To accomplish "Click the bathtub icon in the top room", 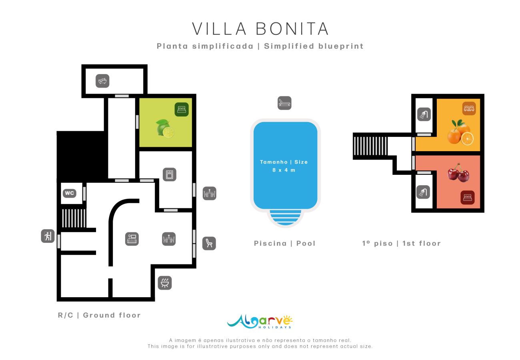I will click(x=102, y=81).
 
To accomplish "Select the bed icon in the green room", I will click(x=181, y=109).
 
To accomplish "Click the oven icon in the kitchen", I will click(x=170, y=174).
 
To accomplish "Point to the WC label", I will click(x=69, y=193).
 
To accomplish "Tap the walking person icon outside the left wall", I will click(x=48, y=236).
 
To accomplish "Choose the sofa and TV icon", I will click(x=132, y=239).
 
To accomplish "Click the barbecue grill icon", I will click(x=165, y=282).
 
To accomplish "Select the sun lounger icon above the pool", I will click(x=284, y=103).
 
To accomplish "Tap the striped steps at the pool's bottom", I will click(x=285, y=217).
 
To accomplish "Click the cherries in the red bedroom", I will click(x=458, y=173).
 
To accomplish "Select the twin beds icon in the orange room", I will click(x=469, y=108).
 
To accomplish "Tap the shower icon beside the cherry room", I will click(x=423, y=192).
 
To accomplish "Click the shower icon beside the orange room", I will click(x=424, y=114).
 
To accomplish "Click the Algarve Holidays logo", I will click(x=260, y=321).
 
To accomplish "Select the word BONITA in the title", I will click(x=292, y=29).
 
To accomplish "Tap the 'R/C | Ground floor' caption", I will click(x=99, y=315).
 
